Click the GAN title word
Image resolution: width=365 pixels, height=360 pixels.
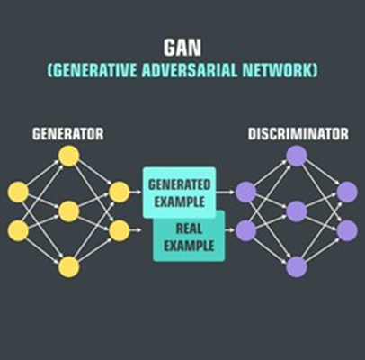(182, 48)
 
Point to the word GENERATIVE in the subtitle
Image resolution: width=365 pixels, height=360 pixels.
(95, 71)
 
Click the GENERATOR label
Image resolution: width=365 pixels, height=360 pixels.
(68, 134)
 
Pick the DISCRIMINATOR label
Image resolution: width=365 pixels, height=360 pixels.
(298, 134)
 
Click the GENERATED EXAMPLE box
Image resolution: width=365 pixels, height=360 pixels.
(180, 193)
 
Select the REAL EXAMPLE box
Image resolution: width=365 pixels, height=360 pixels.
(189, 237)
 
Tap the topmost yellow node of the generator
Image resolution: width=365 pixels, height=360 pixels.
(69, 156)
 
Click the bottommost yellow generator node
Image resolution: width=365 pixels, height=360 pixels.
(69, 266)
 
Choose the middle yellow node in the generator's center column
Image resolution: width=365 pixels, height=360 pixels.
(69, 211)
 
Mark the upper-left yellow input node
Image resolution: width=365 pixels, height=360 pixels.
(18, 192)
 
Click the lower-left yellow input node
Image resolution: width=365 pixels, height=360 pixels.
(18, 230)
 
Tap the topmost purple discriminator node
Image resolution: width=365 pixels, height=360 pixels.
(297, 156)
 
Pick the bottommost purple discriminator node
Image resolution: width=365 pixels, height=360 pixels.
(297, 266)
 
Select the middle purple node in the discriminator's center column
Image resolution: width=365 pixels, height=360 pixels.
(297, 211)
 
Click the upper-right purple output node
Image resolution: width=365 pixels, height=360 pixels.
(347, 192)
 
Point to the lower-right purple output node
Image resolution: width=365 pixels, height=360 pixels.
(347, 230)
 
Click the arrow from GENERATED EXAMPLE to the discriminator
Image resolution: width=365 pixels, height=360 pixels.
(225, 192)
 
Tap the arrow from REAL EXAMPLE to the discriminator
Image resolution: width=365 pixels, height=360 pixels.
(229, 230)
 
